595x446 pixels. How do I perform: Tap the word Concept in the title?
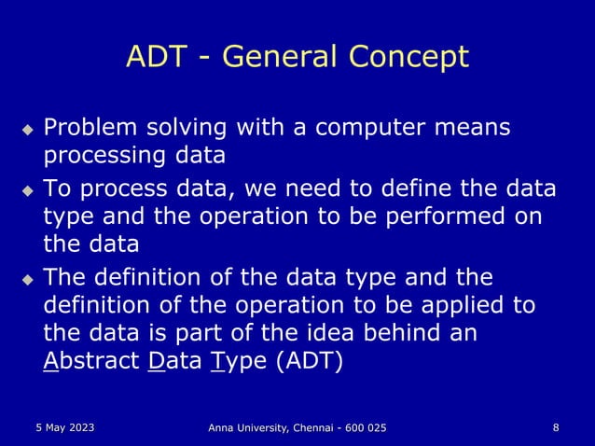408,58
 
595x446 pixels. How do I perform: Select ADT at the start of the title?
156,58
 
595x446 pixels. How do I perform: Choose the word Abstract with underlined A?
91,361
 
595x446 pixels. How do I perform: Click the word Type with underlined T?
239,361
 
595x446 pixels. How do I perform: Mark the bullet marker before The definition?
28,279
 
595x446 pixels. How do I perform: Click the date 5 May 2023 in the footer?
60,427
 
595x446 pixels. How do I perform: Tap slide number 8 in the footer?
556,427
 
